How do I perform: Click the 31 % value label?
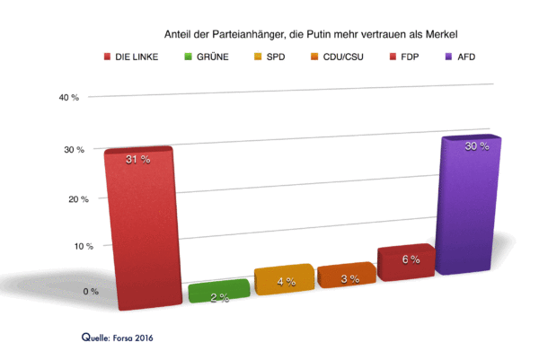tap(137, 159)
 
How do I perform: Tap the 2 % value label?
tap(219, 297)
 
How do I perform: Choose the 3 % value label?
tap(349, 278)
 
